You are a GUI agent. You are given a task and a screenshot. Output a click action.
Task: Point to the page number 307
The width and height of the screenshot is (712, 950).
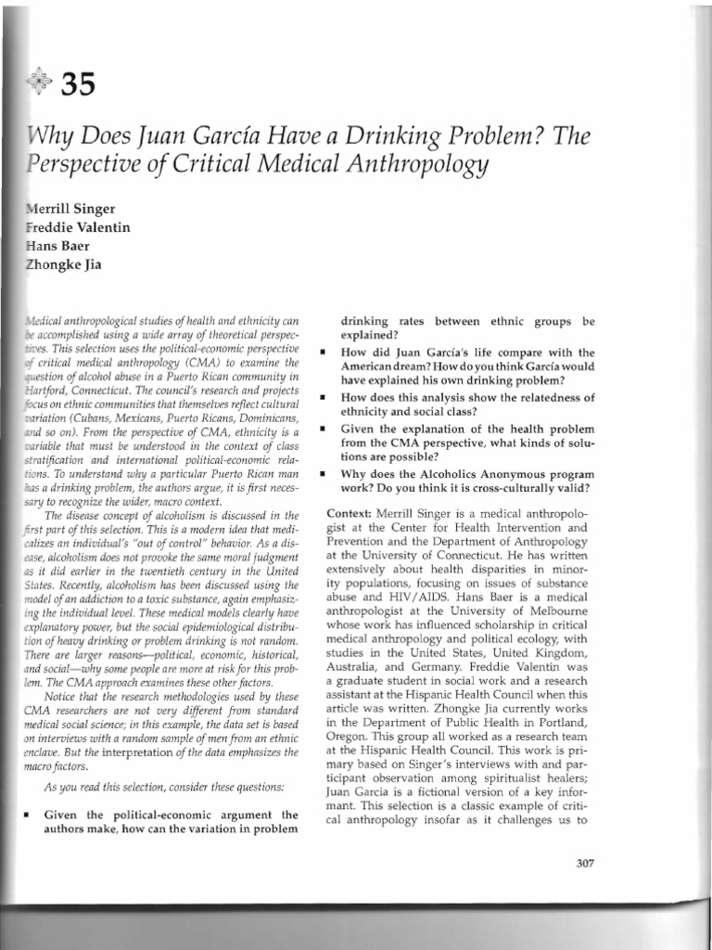pyautogui.click(x=583, y=863)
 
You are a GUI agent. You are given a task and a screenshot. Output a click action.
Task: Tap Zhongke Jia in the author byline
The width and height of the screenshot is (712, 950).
pyautogui.click(x=66, y=265)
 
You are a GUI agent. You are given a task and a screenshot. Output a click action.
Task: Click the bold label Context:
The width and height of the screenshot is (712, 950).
pyautogui.click(x=354, y=513)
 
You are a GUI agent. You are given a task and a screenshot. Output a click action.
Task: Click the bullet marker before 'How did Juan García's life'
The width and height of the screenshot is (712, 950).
pyautogui.click(x=321, y=353)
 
